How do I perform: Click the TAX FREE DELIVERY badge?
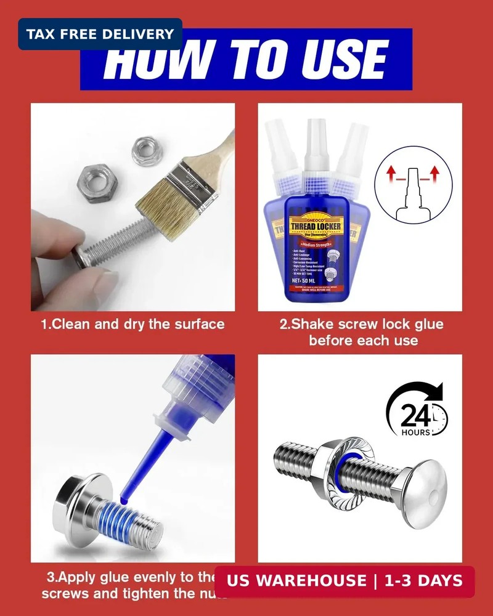click(100, 34)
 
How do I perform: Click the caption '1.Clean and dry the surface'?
click(132, 324)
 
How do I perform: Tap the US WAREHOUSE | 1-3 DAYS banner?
click(344, 582)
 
